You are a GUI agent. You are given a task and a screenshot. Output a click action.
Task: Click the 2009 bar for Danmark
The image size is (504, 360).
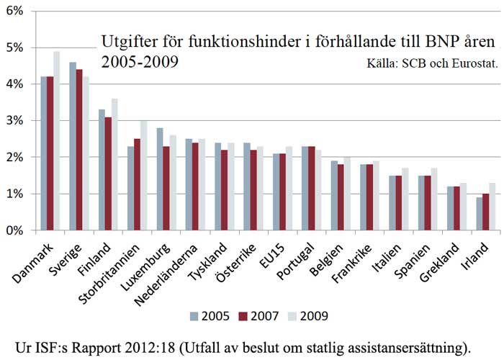pyautogui.click(x=57, y=141)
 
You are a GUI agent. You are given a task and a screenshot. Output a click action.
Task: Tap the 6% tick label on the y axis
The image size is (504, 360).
pyautogui.click(x=15, y=12)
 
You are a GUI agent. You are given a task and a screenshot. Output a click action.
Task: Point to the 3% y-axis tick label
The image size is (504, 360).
pyautogui.click(x=15, y=121)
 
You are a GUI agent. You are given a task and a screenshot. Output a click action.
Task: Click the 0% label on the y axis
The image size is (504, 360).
pyautogui.click(x=15, y=230)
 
